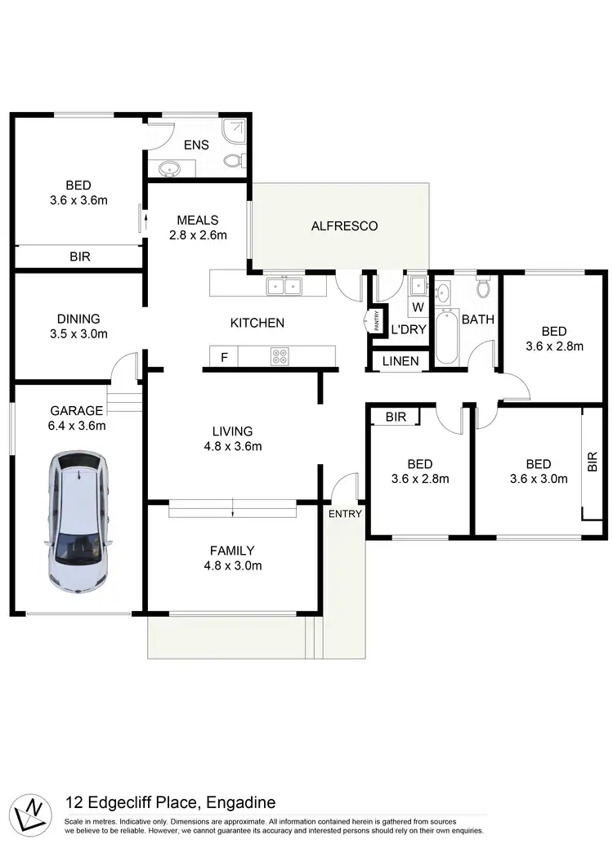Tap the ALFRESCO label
344,226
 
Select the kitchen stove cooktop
280,356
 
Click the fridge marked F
223,356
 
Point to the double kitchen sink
284,285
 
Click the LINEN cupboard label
400,361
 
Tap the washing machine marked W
418,307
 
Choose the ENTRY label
345,513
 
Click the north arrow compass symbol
33,806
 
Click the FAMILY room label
232,551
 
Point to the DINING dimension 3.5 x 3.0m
78,333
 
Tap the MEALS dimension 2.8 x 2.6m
197,234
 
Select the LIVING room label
232,431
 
